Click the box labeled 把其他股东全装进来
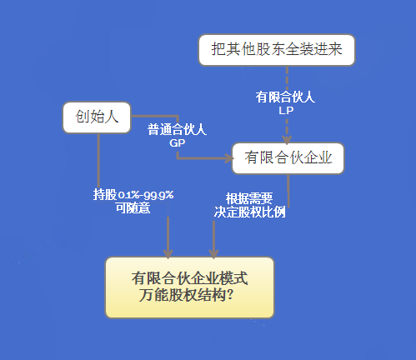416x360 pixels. (x=277, y=50)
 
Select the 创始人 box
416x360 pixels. (x=97, y=117)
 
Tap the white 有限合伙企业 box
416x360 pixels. (x=288, y=158)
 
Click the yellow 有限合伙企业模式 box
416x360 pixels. (x=189, y=287)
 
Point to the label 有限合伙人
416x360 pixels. (x=285, y=97)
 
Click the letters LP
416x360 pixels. (x=286, y=111)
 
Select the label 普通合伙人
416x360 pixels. (x=177, y=129)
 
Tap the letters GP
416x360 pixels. (x=178, y=142)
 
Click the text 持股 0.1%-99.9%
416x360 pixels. (x=133, y=195)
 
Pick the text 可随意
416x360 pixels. (x=133, y=208)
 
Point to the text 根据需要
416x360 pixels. (x=249, y=198)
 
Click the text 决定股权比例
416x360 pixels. (x=249, y=212)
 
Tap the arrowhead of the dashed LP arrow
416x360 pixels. (x=287, y=140)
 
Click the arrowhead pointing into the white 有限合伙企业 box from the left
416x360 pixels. (x=230, y=158)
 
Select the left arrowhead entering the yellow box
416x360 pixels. (x=168, y=253)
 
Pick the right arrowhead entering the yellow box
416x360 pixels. (x=213, y=253)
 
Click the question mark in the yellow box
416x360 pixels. (x=230, y=295)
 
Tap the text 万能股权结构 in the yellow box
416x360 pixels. (x=183, y=295)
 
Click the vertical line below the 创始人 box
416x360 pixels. (x=98, y=161)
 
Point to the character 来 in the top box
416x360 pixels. (x=335, y=49)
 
